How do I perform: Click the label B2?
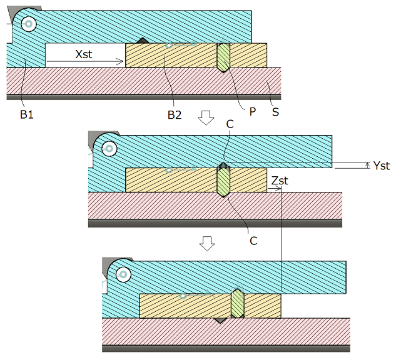pyautogui.click(x=175, y=115)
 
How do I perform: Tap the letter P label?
pyautogui.click(x=253, y=111)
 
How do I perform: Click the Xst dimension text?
pyautogui.click(x=83, y=54)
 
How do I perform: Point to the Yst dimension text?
pyautogui.click(x=381, y=166)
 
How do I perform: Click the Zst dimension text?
pyautogui.click(x=280, y=181)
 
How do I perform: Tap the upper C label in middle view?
pyautogui.click(x=230, y=124)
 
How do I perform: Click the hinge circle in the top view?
pyautogui.click(x=28, y=24)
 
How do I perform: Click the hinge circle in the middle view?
pyautogui.click(x=110, y=149)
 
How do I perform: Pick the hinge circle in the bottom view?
pyautogui.click(x=123, y=274)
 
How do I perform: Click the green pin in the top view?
pyautogui.click(x=223, y=56)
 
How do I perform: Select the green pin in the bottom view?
pyautogui.click(x=237, y=304)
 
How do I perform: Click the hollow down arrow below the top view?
pyautogui.click(x=206, y=117)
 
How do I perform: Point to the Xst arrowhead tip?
pyautogui.click(x=124, y=61)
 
